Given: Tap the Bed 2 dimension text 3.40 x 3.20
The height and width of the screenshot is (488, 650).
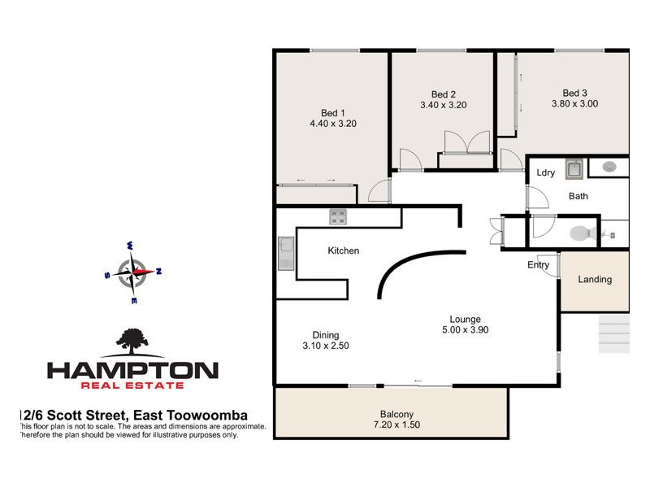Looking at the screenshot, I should (x=443, y=105).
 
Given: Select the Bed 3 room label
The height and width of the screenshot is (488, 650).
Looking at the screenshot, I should (x=574, y=93).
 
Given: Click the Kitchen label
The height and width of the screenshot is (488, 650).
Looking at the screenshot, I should (x=343, y=251).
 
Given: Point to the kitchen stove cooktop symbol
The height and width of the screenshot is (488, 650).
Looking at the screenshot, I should (x=338, y=217).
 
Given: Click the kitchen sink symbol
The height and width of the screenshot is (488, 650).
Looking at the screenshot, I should (x=286, y=253).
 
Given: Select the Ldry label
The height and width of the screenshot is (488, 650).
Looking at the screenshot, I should (x=546, y=172).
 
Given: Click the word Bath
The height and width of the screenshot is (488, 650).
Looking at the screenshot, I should (x=578, y=196).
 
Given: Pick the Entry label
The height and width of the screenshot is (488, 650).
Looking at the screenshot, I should (x=538, y=265).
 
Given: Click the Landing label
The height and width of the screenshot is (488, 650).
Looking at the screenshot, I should (x=595, y=280).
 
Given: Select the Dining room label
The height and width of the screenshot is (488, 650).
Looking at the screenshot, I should (x=325, y=335).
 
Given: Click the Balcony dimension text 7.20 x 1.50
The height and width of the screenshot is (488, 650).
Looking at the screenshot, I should (x=396, y=425).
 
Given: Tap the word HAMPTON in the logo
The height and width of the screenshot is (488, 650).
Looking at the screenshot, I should (x=132, y=370).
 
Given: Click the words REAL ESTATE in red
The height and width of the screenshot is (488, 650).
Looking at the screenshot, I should (x=132, y=388).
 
